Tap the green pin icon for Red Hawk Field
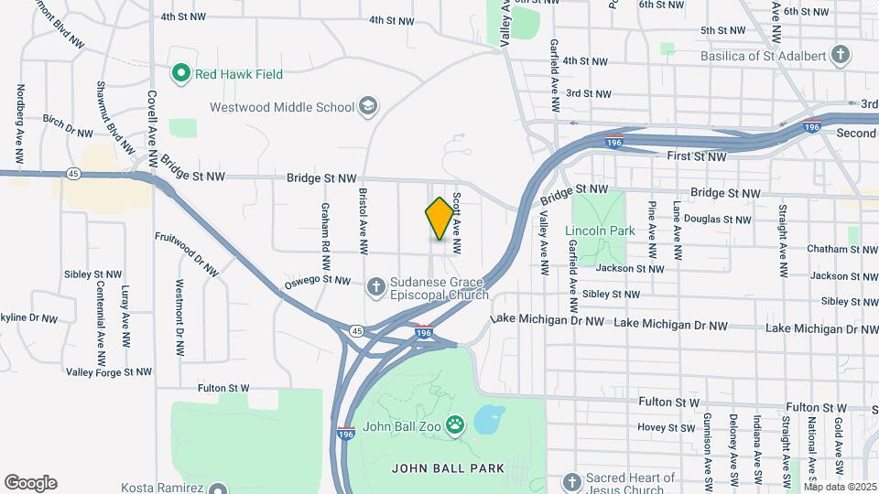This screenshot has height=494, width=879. click(180, 74)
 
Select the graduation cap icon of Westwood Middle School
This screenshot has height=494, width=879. click(368, 107)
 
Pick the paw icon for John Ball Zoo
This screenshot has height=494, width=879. click(455, 425)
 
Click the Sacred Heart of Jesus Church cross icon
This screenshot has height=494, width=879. click(572, 482)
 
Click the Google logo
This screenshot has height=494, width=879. click(30, 483)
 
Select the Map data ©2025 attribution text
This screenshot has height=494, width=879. click(839, 487)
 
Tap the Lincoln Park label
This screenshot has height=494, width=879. click(600, 231)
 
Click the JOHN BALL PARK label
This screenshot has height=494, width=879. click(448, 468)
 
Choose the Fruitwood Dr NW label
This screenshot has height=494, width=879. click(188, 254)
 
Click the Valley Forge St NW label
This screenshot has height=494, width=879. click(109, 371)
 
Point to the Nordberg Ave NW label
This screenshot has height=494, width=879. click(19, 117)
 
